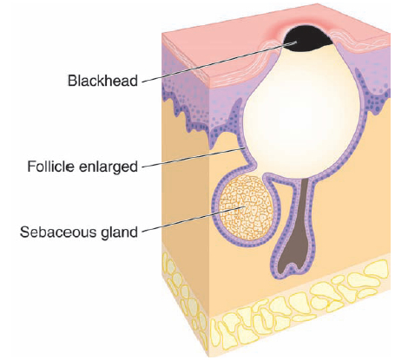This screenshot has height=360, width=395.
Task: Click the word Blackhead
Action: tap(102, 81)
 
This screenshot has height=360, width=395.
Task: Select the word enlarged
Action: tap(105, 167)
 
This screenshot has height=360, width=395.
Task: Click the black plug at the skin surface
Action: tap(307, 38)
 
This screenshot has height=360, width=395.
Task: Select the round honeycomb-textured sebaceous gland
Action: tap(246, 208)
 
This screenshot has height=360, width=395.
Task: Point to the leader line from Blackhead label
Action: tap(220, 62)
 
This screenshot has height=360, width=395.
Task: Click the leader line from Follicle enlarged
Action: tap(194, 158)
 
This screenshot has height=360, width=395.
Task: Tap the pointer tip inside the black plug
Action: tap(297, 42)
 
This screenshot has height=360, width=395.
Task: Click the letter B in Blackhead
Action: tap(71, 81)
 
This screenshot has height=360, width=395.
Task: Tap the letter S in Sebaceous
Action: tap(24, 232)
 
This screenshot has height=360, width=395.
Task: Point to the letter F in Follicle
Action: tap(31, 167)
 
